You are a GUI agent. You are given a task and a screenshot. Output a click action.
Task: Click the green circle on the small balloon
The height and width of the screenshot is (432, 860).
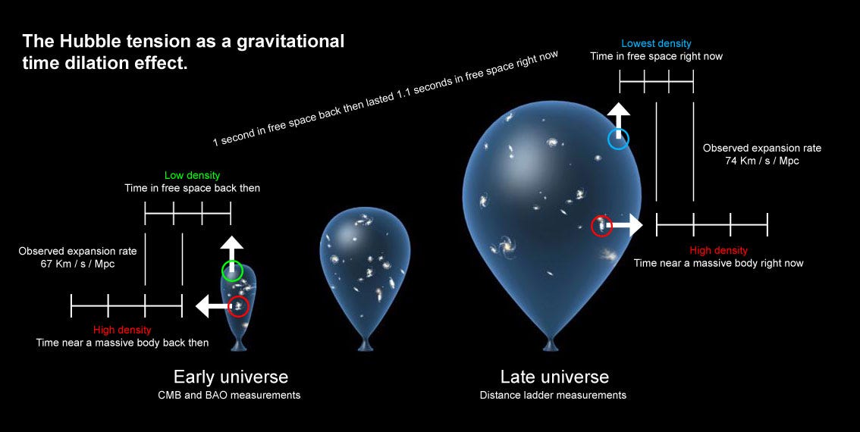tap(232, 271)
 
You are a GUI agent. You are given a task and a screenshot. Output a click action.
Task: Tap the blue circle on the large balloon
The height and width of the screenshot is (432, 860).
tap(619, 139)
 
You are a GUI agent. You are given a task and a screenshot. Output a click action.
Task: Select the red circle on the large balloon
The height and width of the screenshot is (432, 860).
tap(601, 226)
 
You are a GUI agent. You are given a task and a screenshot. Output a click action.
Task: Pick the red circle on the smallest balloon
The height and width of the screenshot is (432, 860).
tap(238, 306)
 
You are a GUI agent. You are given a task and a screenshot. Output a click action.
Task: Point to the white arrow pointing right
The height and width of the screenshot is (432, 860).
tap(626, 225)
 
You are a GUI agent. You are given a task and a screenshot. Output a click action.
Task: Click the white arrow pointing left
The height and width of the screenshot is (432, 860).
tap(212, 306)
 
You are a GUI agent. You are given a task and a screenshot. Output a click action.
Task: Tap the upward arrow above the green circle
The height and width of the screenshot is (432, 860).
tap(232, 248)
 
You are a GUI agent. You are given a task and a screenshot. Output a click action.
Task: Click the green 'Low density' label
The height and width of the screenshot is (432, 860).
tap(192, 176)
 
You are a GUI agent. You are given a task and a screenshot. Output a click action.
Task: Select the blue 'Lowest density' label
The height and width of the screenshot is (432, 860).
tap(656, 44)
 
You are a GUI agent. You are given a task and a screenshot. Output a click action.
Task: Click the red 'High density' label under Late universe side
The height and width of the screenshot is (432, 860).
tap(718, 250)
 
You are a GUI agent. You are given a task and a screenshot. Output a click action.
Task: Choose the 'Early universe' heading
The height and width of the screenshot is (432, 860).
tap(231, 377)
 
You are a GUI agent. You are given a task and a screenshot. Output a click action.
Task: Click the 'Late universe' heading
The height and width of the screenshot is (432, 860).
tap(554, 377)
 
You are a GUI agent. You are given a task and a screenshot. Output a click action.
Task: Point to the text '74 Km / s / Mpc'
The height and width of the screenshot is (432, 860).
tap(761, 161)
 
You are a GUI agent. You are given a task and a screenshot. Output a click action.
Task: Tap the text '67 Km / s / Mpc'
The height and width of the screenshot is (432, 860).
tap(77, 264)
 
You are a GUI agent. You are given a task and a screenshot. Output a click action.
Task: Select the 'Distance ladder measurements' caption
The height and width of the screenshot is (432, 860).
tap(553, 395)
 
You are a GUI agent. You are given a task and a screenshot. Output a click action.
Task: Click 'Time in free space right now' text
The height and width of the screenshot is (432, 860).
tap(656, 57)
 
